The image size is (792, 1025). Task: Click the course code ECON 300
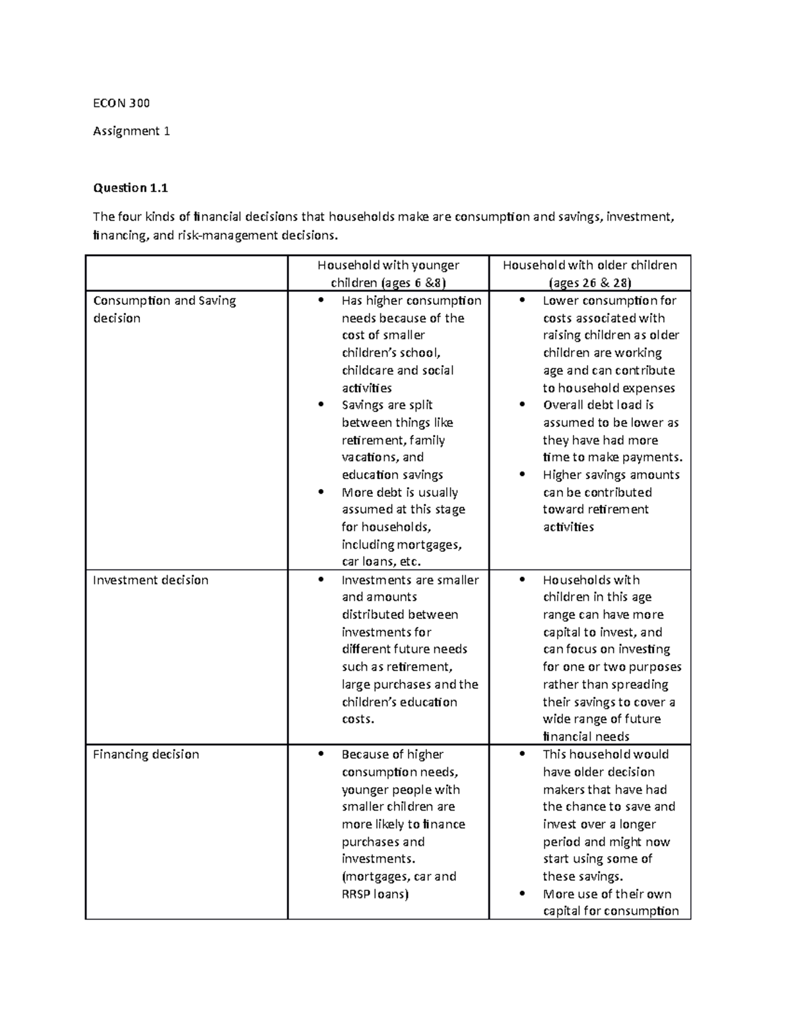[x=121, y=103]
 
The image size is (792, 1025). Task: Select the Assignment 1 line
[x=131, y=131]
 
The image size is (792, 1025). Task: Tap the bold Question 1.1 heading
[x=131, y=188]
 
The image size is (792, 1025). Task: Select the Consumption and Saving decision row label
[x=164, y=309]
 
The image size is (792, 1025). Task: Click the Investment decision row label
[x=150, y=580]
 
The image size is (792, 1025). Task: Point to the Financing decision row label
[x=146, y=754]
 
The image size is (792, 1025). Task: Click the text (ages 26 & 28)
[x=590, y=283]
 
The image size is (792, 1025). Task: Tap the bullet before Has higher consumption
[x=321, y=301]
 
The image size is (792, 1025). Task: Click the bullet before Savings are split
[x=321, y=405]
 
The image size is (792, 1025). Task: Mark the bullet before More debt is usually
[x=321, y=492]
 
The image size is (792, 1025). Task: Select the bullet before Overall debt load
[x=522, y=405]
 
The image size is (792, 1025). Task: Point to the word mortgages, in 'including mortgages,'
[x=430, y=545]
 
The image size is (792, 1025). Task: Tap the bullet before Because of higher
[x=321, y=754]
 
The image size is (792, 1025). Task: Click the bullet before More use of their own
[x=522, y=894]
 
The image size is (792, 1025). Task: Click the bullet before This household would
[x=522, y=754]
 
